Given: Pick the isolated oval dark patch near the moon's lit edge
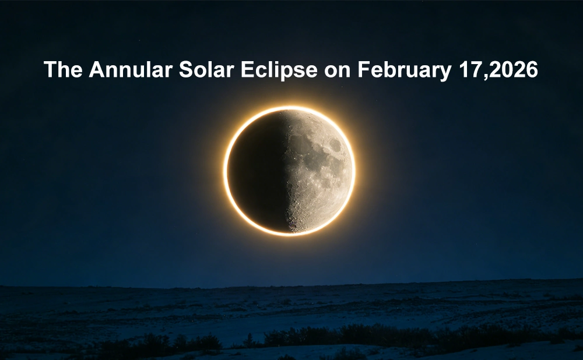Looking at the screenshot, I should (335, 144).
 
